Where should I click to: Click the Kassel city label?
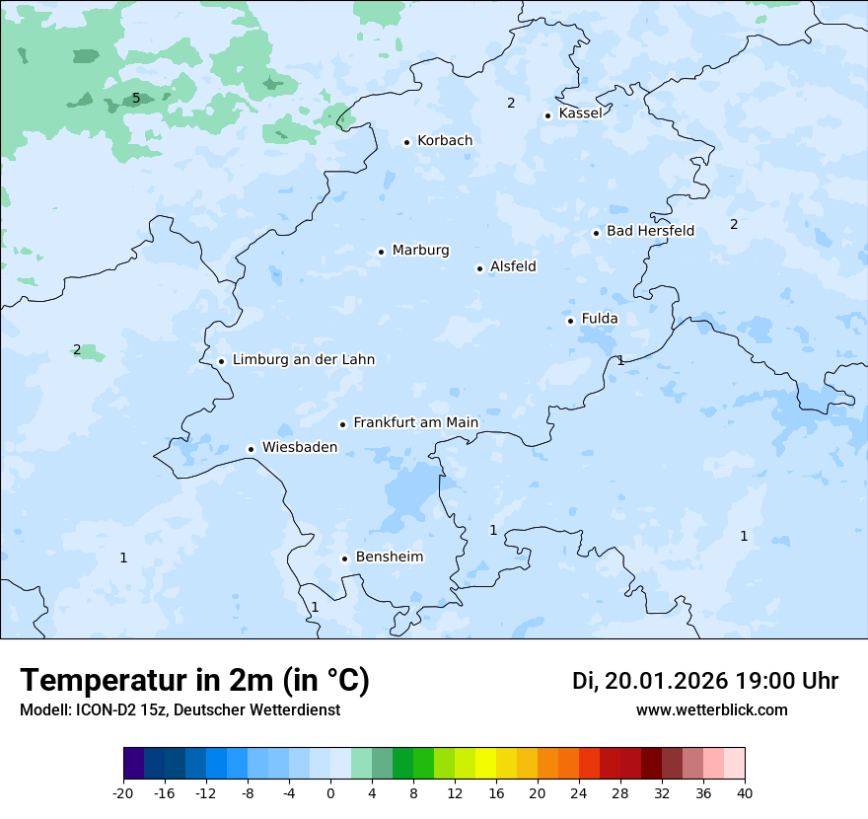pyautogui.click(x=580, y=113)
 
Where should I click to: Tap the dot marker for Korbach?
pyautogui.click(x=406, y=142)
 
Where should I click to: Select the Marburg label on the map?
pyautogui.click(x=420, y=251)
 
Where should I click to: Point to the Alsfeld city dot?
pyautogui.click(x=479, y=268)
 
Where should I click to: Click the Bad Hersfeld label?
pyautogui.click(x=650, y=232)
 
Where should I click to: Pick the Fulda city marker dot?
pyautogui.click(x=570, y=321)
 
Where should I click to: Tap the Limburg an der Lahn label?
pyautogui.click(x=303, y=360)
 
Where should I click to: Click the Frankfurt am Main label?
pyautogui.click(x=415, y=423)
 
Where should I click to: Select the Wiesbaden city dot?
pyautogui.click(x=251, y=450)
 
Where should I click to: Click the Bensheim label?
pyautogui.click(x=389, y=558)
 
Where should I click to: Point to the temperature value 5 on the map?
pyautogui.click(x=136, y=98)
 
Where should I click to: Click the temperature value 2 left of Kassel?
pyautogui.click(x=511, y=103)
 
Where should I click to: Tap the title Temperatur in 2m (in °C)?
pyautogui.click(x=194, y=681)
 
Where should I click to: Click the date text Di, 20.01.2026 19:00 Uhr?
pyautogui.click(x=705, y=682)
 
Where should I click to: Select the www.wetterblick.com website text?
pyautogui.click(x=711, y=710)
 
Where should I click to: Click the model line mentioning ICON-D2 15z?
pyautogui.click(x=180, y=710)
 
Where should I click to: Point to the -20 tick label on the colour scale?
pyautogui.click(x=123, y=793)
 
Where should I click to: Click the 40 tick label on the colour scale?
pyautogui.click(x=745, y=793)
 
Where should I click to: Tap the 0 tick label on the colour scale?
pyautogui.click(x=330, y=793)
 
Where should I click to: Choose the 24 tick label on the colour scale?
pyautogui.click(x=579, y=793)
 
